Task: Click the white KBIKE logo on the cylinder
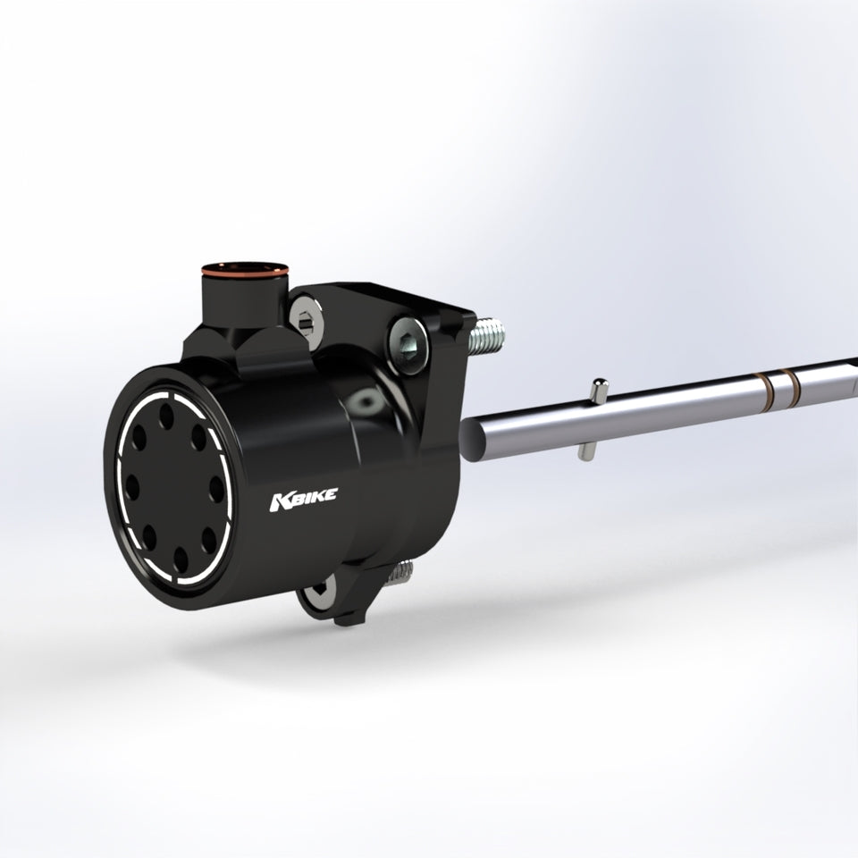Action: (x=304, y=499)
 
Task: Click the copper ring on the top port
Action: (x=245, y=269)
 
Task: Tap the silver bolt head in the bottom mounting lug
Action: (x=318, y=593)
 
